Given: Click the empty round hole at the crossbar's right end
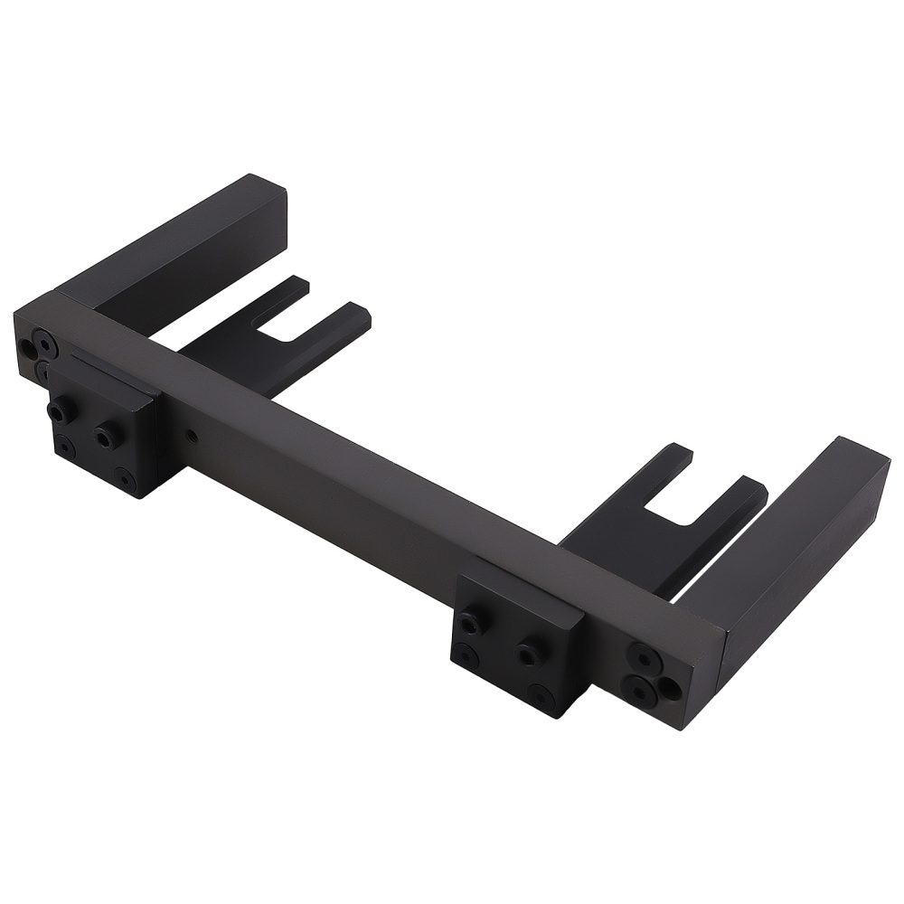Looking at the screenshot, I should point(670,689).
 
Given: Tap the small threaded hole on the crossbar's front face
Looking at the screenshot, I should point(192,436).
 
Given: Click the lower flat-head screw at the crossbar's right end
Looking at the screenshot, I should point(640,692).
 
